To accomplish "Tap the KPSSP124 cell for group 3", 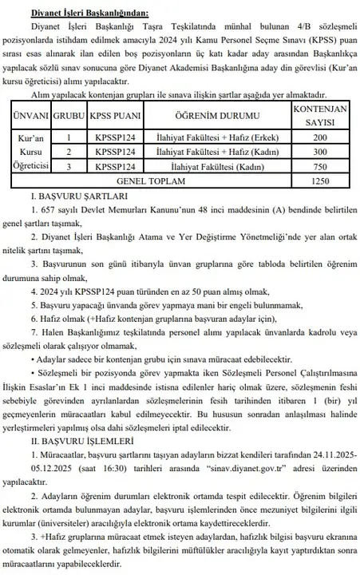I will tap(113, 166).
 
